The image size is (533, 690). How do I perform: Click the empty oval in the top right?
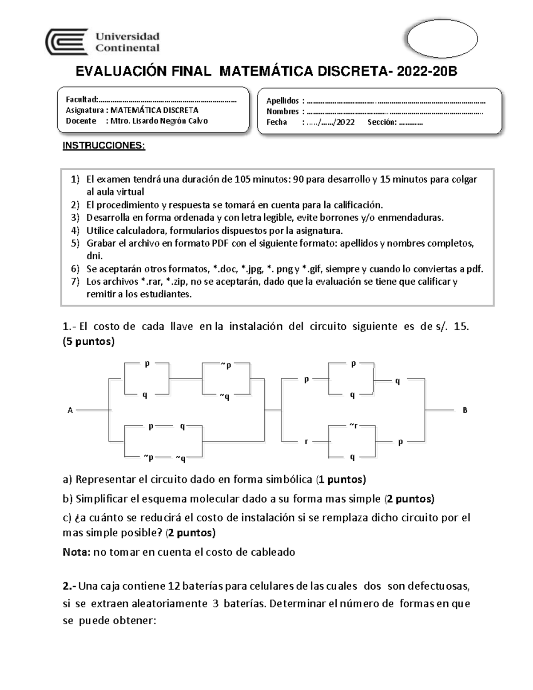(442, 39)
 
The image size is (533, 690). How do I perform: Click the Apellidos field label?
(282, 101)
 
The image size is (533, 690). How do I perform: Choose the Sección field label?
(382, 122)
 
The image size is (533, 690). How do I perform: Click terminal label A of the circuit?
(70, 411)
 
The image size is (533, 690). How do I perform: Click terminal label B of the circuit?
(465, 410)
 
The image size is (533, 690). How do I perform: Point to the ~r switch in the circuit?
(353, 425)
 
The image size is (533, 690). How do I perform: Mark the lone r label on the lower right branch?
(306, 442)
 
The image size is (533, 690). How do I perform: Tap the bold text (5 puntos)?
(89, 341)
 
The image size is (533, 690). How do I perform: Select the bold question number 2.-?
(70, 586)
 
